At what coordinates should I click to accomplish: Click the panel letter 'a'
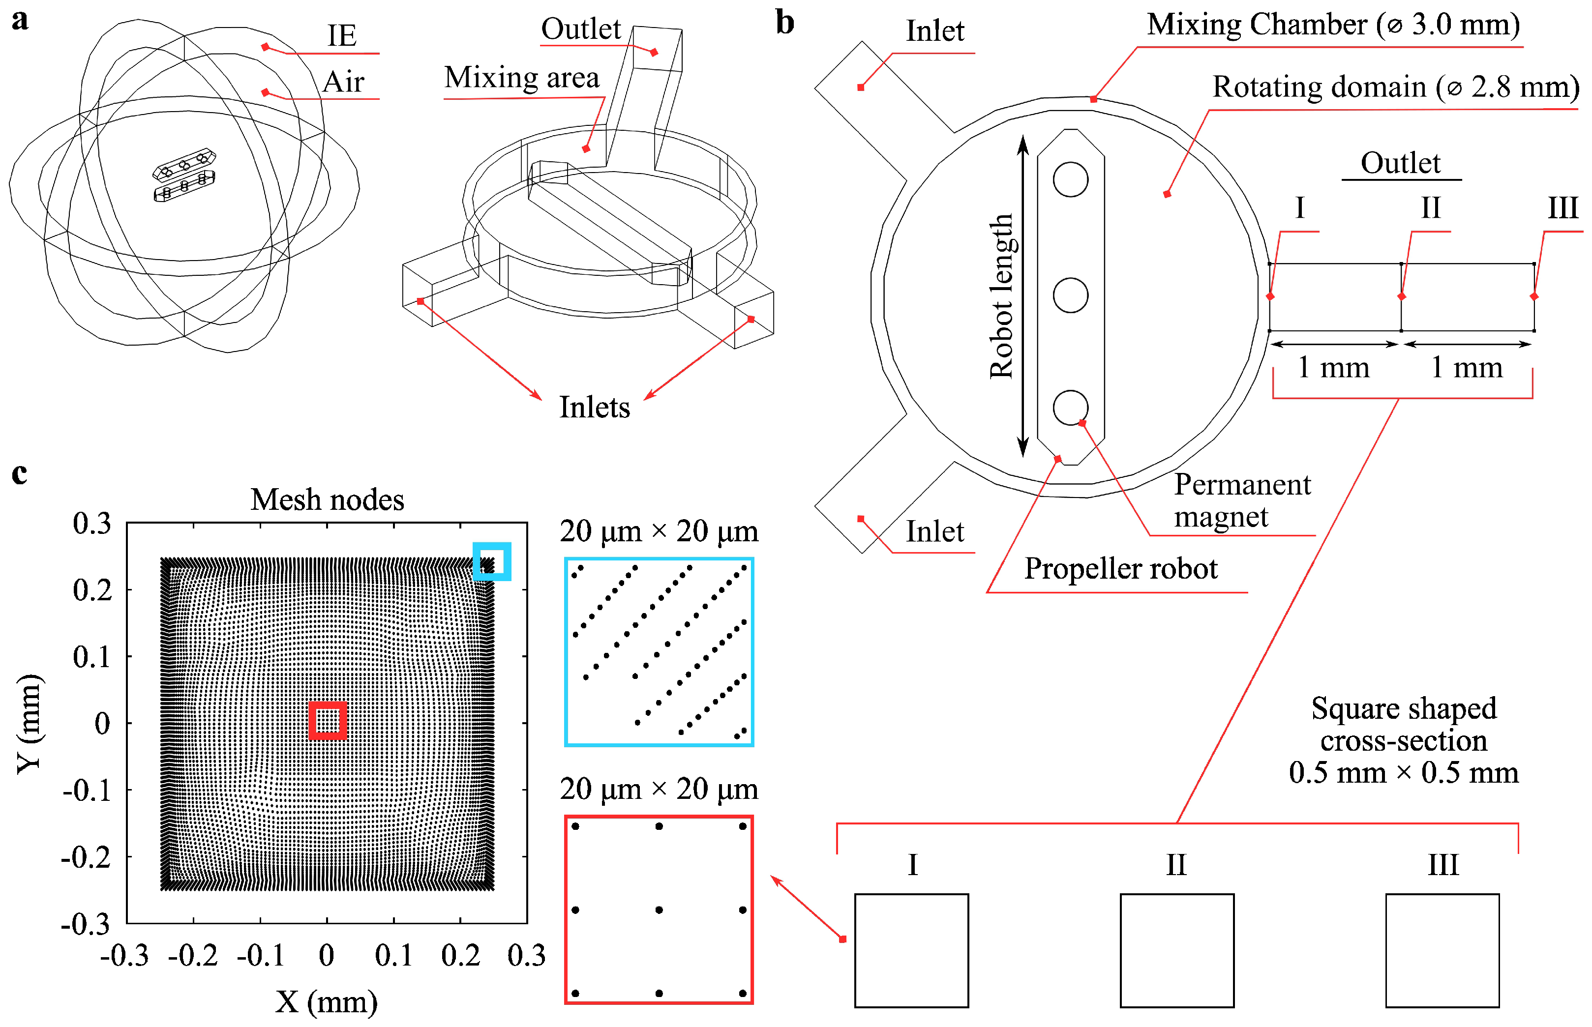point(20,20)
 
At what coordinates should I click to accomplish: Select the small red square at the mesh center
point(328,720)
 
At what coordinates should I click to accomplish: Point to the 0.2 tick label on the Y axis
point(92,590)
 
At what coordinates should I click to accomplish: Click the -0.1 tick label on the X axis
point(260,956)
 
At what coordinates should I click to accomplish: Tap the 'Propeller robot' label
point(1120,569)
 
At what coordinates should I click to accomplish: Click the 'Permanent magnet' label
point(1242,500)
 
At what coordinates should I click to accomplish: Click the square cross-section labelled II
point(1176,950)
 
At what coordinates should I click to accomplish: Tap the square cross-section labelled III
point(1442,950)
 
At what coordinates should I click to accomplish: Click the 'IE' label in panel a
point(341,35)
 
